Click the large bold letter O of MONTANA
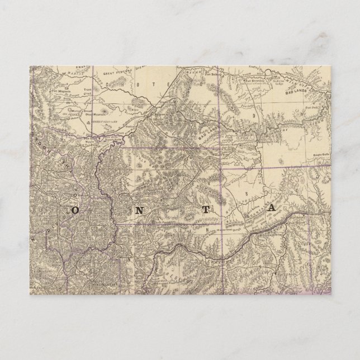pos(74,210)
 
